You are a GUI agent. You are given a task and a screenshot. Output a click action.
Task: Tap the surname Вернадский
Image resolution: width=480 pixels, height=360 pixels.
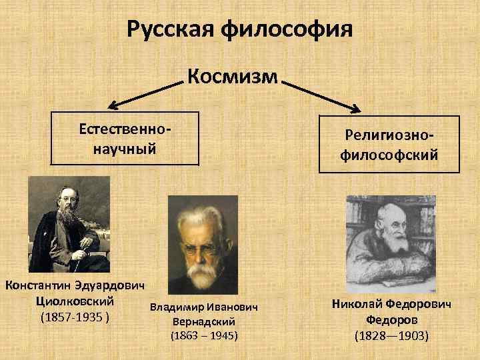(x=203, y=321)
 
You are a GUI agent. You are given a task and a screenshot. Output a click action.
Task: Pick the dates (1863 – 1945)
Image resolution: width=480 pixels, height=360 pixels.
(x=204, y=335)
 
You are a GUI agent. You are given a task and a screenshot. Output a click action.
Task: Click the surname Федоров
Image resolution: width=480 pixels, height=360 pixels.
(x=391, y=319)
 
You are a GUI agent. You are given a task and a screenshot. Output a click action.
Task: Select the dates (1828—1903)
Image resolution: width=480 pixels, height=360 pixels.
(x=391, y=335)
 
